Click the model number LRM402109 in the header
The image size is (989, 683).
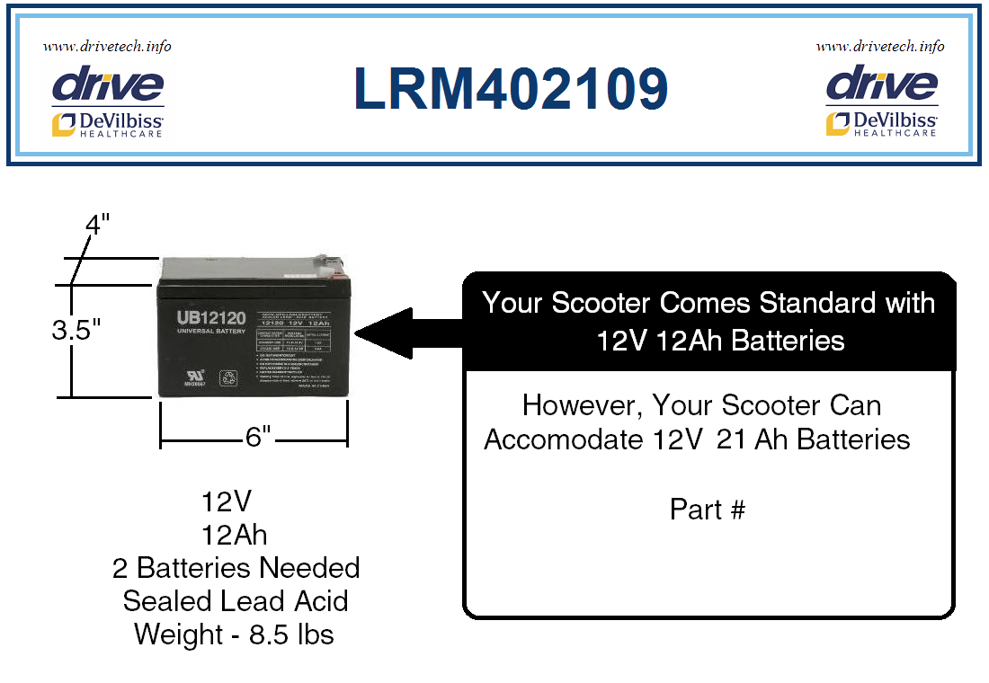pyautogui.click(x=511, y=89)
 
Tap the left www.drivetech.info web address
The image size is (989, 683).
pyautogui.click(x=107, y=46)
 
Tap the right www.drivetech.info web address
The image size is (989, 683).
pyautogui.click(x=880, y=46)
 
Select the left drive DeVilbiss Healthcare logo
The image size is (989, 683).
pyautogui.click(x=108, y=102)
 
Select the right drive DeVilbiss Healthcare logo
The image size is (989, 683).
pyautogui.click(x=881, y=102)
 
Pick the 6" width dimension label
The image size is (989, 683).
pyautogui.click(x=257, y=438)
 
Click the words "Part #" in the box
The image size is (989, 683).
pyautogui.click(x=708, y=510)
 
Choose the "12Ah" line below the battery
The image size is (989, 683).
pyautogui.click(x=235, y=535)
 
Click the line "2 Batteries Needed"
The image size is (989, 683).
pyautogui.click(x=236, y=568)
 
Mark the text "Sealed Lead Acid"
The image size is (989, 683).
pyautogui.click(x=236, y=600)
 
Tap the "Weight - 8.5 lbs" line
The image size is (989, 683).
pyautogui.click(x=234, y=634)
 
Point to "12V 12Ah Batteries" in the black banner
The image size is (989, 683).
pyautogui.click(x=708, y=341)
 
